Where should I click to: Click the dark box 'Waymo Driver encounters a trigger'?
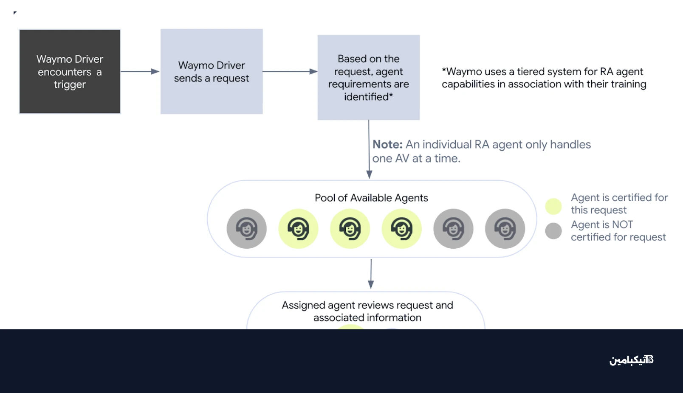coord(70,71)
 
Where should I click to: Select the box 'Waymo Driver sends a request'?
coord(212,71)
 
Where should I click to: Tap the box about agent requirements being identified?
coord(369,77)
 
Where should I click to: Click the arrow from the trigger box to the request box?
coord(140,71)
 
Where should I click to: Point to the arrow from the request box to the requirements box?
coord(290,71)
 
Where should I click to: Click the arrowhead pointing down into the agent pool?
coord(369,174)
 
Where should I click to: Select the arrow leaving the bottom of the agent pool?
coord(371,274)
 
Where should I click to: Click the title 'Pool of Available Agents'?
coord(371,198)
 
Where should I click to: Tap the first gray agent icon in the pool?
coord(246,229)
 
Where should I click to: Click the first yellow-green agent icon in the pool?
coord(298,229)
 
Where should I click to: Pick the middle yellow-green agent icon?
coord(350,229)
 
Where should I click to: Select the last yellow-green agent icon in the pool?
coord(401,229)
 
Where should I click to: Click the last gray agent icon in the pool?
coord(505,229)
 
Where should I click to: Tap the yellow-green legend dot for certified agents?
coord(553,206)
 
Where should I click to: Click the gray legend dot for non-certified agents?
coord(553,231)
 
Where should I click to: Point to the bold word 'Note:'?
coord(387,145)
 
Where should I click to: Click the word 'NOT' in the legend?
coord(622,225)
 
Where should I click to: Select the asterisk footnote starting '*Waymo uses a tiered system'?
coord(544,78)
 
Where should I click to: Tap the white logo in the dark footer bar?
coord(631,360)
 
